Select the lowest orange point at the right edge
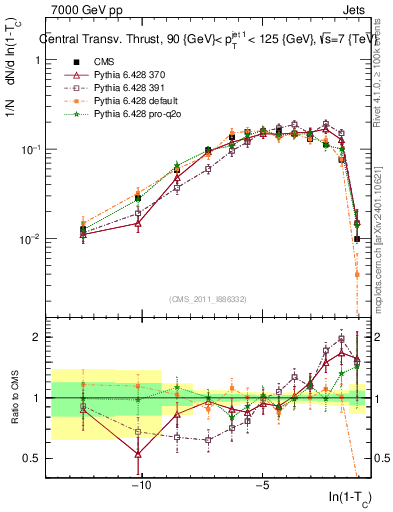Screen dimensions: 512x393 point(357,274)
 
